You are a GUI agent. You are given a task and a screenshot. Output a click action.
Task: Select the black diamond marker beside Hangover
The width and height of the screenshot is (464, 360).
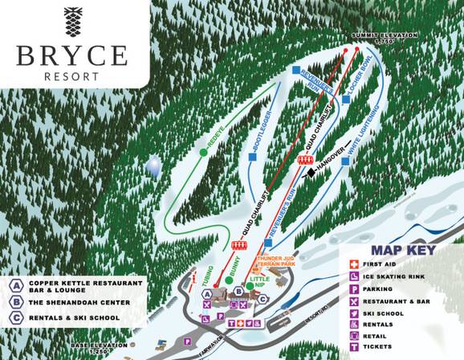[x=310, y=170]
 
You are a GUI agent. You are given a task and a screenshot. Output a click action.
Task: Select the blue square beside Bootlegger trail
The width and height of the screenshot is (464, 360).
[x=253, y=157]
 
